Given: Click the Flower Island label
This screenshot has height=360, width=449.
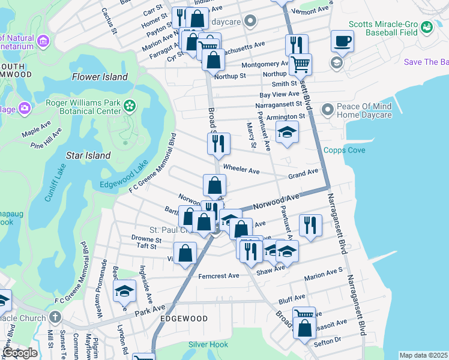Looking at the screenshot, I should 100,77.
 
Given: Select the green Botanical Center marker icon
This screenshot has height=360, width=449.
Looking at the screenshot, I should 128,106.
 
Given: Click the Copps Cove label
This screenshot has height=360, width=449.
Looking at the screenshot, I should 344,150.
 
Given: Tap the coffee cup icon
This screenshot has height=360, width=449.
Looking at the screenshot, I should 342,41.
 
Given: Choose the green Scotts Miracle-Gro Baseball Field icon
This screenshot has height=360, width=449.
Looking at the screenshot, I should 426,28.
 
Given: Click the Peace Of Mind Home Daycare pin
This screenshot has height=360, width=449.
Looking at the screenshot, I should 327,110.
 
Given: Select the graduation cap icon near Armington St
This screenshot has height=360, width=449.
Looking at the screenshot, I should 288,133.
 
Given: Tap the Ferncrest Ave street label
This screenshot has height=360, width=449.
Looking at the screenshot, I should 218,276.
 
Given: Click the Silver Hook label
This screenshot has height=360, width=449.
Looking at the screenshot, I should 208,344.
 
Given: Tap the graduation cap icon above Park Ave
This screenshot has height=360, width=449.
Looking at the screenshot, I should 124,291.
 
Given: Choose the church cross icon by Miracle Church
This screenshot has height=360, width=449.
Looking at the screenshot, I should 55,317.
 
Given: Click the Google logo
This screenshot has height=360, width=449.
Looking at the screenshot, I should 19,352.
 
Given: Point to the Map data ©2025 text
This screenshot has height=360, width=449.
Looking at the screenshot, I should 423,355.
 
